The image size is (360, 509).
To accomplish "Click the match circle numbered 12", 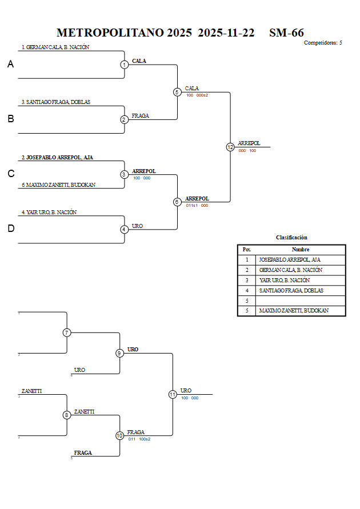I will coord(230,147).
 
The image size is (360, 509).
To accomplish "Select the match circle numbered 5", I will coord(177,92).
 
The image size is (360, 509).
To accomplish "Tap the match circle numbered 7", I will coord(67,332).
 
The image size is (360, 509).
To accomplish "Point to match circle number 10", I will coord(119,435).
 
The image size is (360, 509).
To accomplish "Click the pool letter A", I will coord(10,65).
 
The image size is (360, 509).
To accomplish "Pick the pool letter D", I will coord(10,229).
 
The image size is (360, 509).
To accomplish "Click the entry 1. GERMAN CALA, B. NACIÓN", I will coord(55,47).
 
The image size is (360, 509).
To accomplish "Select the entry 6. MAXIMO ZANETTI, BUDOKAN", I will coord(58,185).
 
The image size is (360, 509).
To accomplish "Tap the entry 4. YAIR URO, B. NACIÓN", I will coord(49,212).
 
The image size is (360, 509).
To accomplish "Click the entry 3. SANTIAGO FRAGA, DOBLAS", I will coord(56,102).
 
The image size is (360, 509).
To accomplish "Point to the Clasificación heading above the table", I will coord(291,237).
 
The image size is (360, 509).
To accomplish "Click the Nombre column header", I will coord(300,250).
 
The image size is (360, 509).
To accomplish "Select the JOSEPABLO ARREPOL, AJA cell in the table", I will coord(289,259).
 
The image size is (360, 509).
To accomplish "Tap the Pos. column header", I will coord(246,250).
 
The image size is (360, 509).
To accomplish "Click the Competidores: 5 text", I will coord(323,43).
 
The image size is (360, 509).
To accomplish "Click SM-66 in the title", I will coord(286,33).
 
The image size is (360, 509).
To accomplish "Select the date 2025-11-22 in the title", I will coord(226,33).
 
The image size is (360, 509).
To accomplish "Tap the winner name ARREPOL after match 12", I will coord(249,143).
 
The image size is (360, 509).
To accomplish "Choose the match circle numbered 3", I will coord(124,174).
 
